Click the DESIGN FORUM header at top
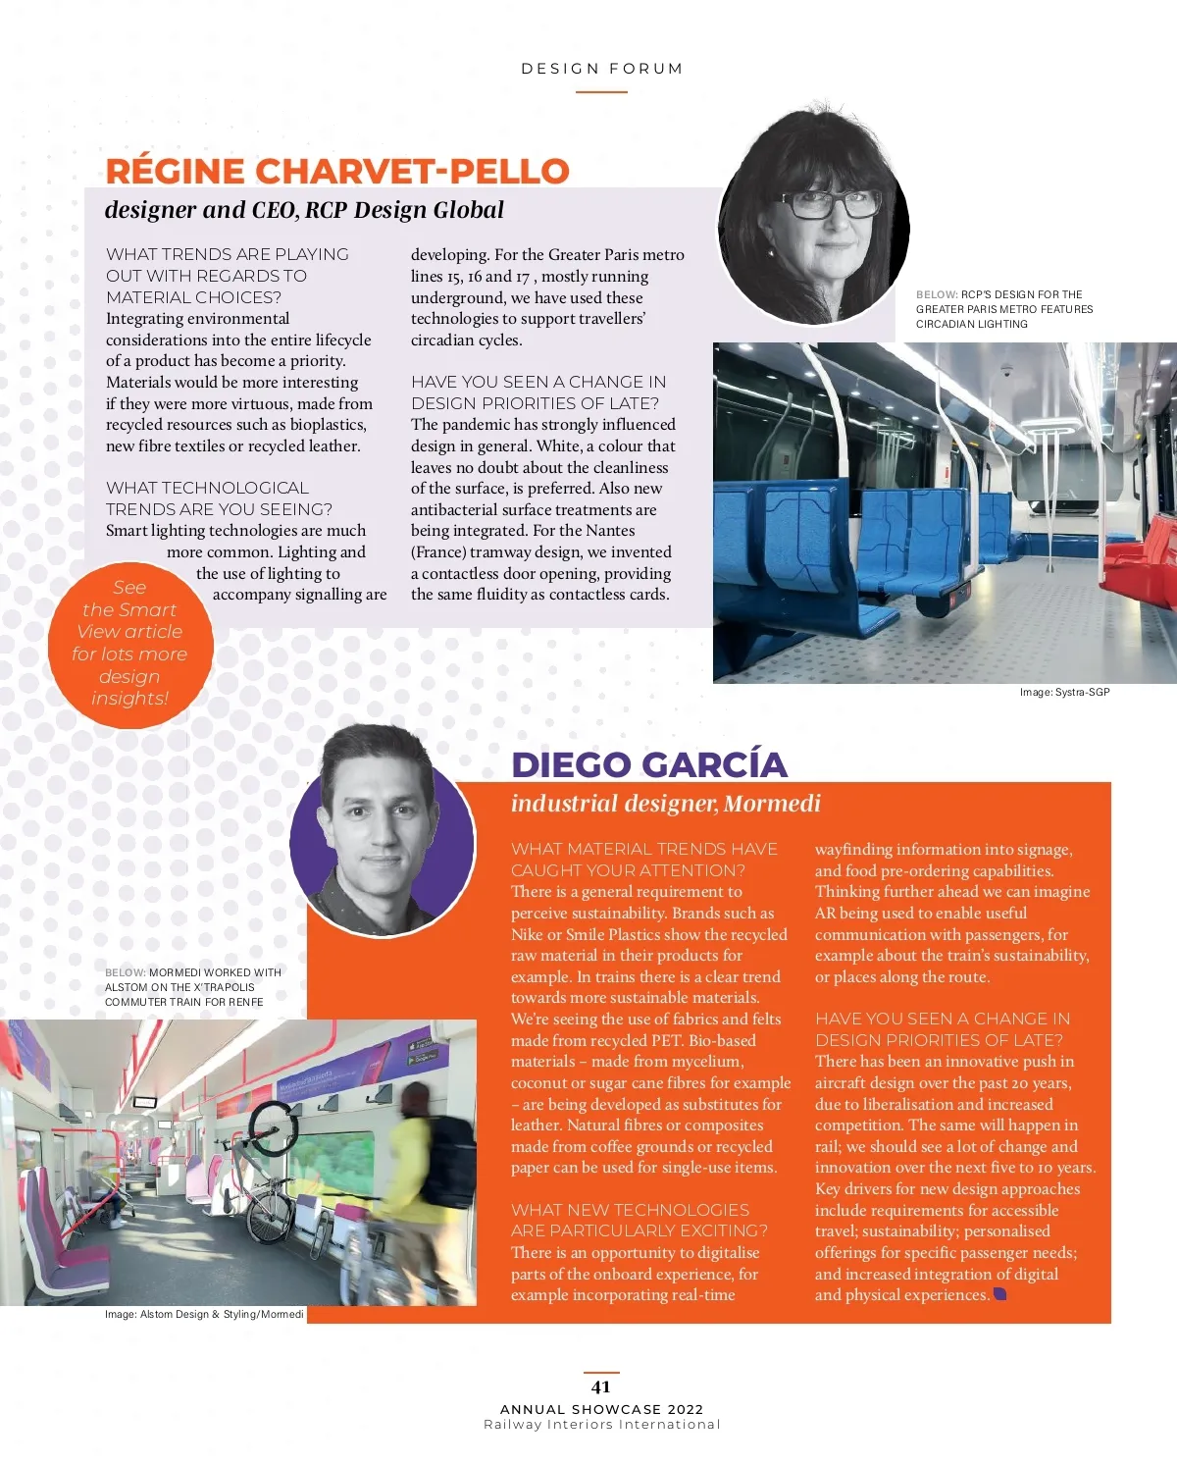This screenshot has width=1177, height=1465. (x=601, y=69)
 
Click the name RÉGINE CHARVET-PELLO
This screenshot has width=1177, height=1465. (x=337, y=171)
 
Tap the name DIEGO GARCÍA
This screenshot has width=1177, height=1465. (x=649, y=764)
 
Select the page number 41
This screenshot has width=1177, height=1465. (x=601, y=1387)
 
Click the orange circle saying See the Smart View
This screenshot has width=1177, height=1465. (x=129, y=644)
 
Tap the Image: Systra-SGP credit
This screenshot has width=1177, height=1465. (x=1064, y=692)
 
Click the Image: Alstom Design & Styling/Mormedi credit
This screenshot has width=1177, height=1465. (x=204, y=1314)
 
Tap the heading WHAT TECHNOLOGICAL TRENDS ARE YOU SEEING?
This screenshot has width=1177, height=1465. (x=219, y=498)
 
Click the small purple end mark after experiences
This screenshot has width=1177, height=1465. (x=999, y=1294)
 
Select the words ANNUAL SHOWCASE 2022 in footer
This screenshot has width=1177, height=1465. (x=601, y=1409)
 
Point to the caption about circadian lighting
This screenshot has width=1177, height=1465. (x=1003, y=309)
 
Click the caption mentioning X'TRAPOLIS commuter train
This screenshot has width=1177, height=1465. (x=193, y=987)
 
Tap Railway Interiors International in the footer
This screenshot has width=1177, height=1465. (x=601, y=1425)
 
